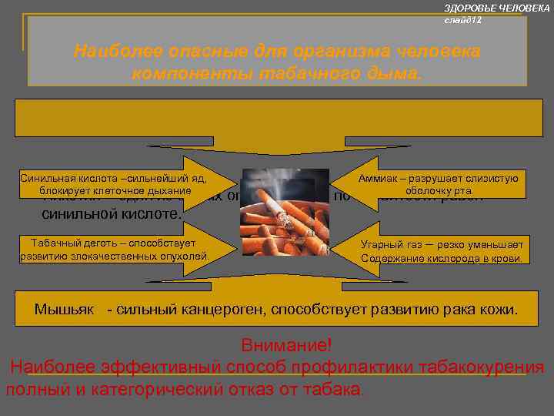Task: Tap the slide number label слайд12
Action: click(x=463, y=19)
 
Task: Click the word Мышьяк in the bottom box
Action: click(x=65, y=310)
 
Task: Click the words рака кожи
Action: click(x=482, y=310)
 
